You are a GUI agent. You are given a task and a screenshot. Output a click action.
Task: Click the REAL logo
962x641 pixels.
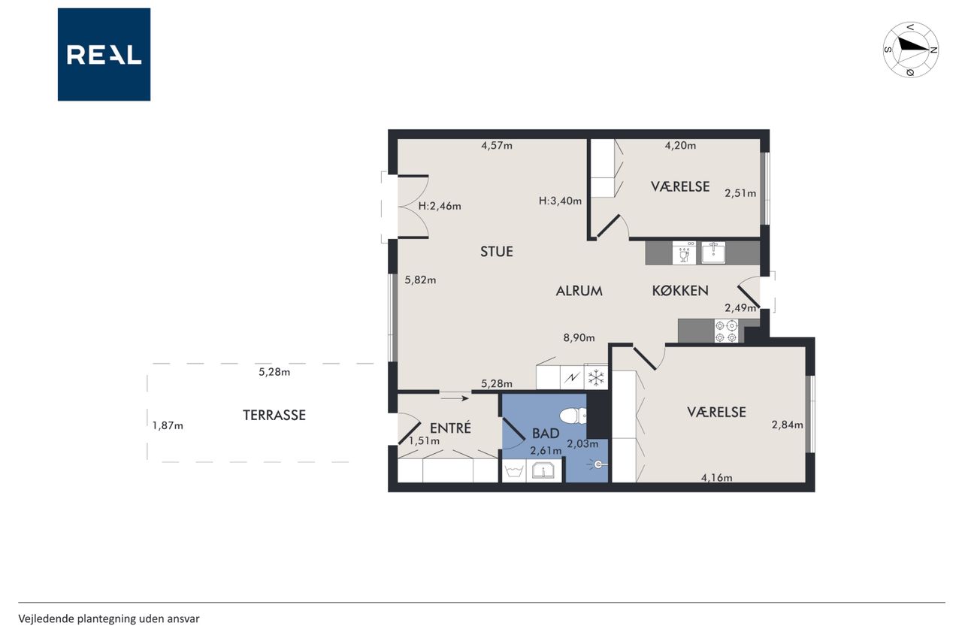[x=104, y=55]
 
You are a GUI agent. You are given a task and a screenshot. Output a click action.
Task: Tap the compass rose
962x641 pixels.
[x=910, y=50]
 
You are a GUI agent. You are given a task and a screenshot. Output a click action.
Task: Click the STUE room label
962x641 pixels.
[x=497, y=251]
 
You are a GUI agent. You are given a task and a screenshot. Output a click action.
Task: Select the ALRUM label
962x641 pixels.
[x=579, y=291]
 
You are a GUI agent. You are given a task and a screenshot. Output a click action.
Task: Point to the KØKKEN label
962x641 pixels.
[x=680, y=291]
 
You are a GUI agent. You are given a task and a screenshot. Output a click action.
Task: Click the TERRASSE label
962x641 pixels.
[x=274, y=415]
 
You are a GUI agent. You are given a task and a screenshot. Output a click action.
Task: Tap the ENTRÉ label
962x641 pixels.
[x=450, y=428]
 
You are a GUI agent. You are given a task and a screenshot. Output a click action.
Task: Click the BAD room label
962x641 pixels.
[x=546, y=434]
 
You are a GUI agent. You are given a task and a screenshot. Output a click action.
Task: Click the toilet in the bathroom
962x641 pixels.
[x=573, y=416]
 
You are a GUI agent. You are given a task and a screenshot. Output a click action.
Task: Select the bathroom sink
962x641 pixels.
[x=543, y=471]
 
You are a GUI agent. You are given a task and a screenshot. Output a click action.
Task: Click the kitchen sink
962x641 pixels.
[x=713, y=252]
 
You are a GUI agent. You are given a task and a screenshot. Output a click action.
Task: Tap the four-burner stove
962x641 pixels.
[x=726, y=331]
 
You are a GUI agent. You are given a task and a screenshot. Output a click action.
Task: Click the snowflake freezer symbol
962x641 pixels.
[x=596, y=378]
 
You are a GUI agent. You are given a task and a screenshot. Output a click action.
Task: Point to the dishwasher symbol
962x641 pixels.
[x=684, y=252]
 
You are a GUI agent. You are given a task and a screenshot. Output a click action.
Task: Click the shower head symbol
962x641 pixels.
[x=597, y=464]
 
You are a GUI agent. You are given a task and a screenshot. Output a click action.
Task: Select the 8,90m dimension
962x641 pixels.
[x=579, y=338]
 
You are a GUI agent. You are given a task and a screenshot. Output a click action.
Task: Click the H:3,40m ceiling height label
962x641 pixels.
[x=560, y=201]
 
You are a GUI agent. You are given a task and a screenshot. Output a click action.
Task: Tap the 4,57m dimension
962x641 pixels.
[x=497, y=146]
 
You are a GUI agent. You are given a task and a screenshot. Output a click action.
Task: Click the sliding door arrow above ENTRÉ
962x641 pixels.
[x=455, y=398]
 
